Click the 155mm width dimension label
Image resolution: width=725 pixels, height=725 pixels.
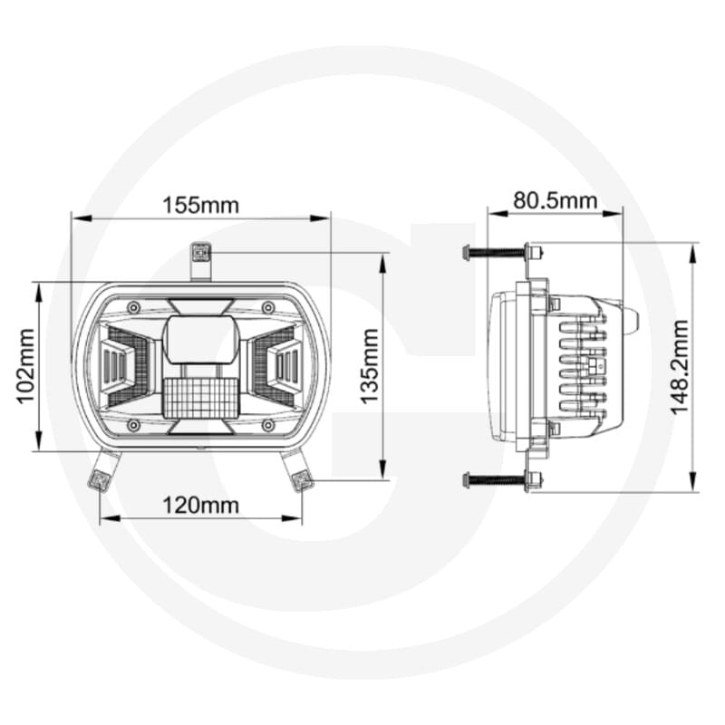pos(201,205)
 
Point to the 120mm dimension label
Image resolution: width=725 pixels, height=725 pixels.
pos(201,505)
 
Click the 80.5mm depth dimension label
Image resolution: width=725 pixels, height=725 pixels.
pos(556,199)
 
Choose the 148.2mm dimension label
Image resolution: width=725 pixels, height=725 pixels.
pos(681,366)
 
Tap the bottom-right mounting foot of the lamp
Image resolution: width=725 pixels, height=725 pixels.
pos(298,469)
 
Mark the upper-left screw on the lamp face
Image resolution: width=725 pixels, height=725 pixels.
pos(134,308)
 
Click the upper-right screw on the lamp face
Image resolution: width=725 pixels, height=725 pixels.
pos(267,308)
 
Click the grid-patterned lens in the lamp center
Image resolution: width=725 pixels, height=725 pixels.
pos(199,397)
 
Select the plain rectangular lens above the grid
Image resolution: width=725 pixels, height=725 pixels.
pos(200,339)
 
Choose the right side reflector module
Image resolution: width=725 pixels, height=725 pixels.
pos(282,365)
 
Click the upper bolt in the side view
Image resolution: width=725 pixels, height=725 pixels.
pos(497,253)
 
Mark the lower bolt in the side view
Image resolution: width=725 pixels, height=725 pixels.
pos(497,479)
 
